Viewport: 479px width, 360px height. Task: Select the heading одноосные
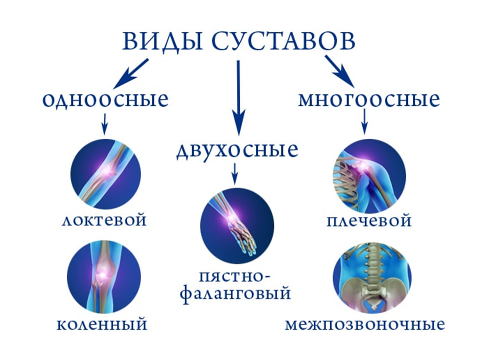tap(105, 100)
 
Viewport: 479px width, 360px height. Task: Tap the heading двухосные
tap(237, 150)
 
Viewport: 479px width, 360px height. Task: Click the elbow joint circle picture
tap(105, 174)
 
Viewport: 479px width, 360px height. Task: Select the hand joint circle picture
tap(237, 225)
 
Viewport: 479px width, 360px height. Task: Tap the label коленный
tap(102, 324)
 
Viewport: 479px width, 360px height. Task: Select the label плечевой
tap(369, 220)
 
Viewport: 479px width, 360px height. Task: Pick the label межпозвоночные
tap(365, 324)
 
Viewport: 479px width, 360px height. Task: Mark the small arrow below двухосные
tap(235, 173)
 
